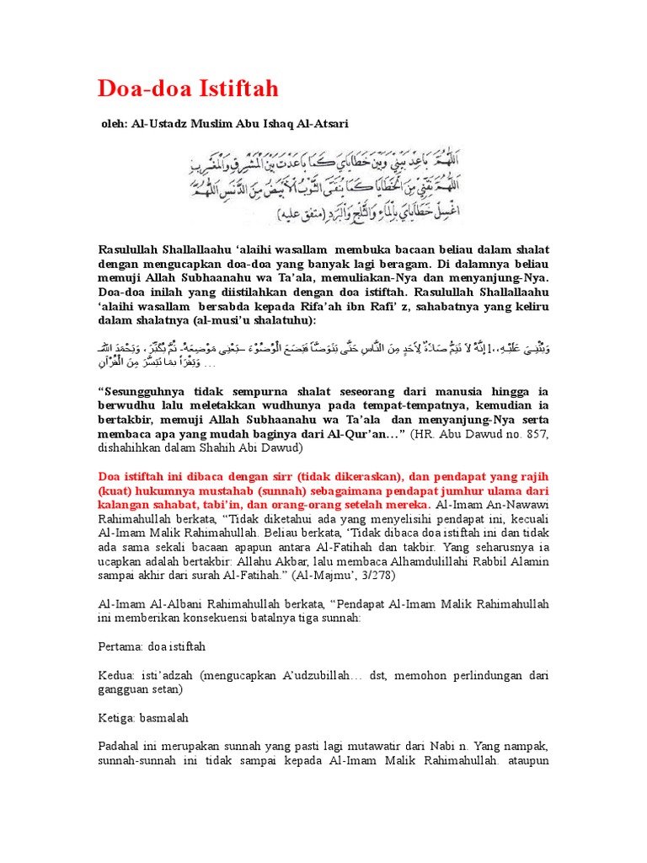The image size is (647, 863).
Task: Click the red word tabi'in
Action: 235,506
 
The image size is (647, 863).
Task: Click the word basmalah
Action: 171,719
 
